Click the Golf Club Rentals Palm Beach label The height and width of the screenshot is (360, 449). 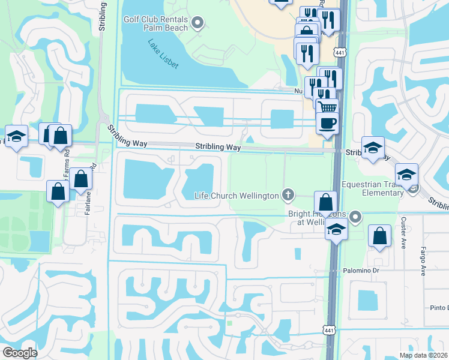point(156,23)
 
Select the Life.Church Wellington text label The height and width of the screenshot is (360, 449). point(237,196)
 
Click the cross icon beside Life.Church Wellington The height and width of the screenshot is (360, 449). point(289,195)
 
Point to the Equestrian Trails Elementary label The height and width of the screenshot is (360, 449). point(372,188)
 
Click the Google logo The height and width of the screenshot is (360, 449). point(20,353)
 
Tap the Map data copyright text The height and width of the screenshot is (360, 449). point(424,355)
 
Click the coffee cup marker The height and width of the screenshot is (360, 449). point(327,123)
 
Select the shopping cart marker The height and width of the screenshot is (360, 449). point(327,108)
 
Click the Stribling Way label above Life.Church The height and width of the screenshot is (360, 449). point(217,147)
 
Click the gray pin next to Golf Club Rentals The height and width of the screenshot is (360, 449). point(198,23)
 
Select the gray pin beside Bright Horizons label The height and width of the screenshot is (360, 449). point(356,217)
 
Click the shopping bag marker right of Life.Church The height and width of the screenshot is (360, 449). point(325,202)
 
